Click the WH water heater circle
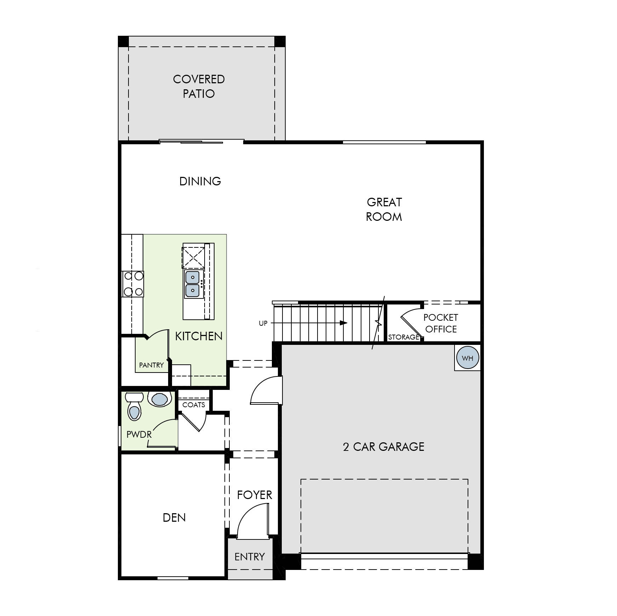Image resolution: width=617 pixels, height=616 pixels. tap(467, 358)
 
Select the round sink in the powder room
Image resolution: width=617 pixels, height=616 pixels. tap(159, 399)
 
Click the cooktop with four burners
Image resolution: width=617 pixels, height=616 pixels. tap(133, 284)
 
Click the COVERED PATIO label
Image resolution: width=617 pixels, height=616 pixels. tap(199, 86)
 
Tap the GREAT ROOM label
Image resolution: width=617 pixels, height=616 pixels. tap(384, 209)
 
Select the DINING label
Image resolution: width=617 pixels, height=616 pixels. tap(200, 181)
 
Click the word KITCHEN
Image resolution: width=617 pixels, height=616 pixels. tap(199, 336)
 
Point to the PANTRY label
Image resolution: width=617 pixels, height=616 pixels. tap(152, 365)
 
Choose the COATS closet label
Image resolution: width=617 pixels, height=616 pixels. tap(194, 405)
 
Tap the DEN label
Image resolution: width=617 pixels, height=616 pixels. tap(174, 517)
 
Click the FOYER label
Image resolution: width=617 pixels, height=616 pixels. tap(255, 495)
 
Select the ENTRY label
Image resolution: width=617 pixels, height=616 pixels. tap(250, 557)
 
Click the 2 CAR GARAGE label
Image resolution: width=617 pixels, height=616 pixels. tap(384, 447)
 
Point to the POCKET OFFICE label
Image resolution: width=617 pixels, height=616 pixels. tap(441, 323)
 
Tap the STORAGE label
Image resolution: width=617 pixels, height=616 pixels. tap(404, 337)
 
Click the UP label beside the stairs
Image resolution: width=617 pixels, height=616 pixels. tap(263, 323)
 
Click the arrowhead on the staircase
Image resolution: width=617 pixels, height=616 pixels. tap(343, 323)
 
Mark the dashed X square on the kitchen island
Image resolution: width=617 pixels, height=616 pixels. tap(193, 258)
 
